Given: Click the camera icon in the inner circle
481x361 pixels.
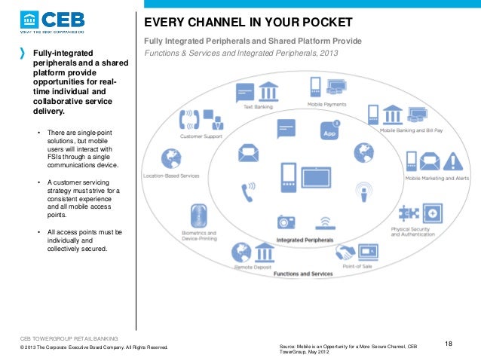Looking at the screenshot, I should point(286,222).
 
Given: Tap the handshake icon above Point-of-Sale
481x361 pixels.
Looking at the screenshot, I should point(346,251).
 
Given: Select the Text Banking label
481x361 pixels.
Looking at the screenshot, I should point(257,107).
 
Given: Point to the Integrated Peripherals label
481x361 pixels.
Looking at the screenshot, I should point(305,240).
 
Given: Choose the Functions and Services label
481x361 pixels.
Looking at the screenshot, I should point(303,273).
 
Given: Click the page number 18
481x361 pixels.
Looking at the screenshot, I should point(449,344).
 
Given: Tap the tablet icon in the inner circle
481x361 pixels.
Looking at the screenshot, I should point(317,179).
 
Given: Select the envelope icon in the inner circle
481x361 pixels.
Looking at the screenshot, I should point(248,153).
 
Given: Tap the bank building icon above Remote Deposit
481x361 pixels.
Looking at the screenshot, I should point(264,251).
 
